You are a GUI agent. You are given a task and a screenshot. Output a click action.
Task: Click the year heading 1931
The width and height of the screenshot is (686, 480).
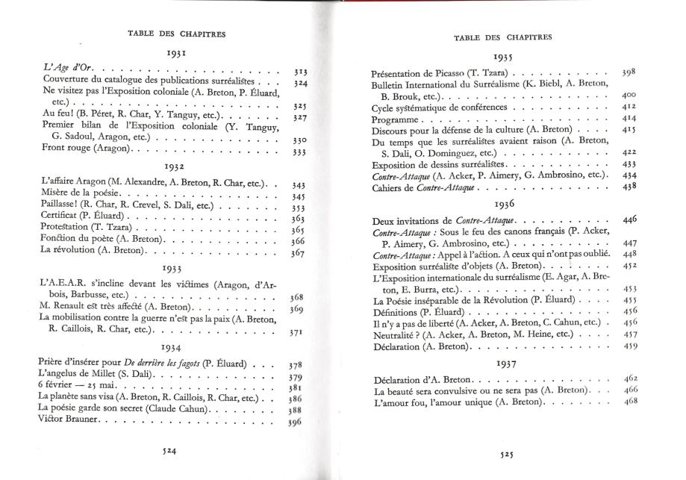tap(178, 54)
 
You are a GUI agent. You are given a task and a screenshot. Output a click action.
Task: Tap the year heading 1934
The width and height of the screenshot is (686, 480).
tap(178, 346)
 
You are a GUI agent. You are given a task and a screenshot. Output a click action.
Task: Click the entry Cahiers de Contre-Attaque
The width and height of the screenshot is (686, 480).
tap(425, 187)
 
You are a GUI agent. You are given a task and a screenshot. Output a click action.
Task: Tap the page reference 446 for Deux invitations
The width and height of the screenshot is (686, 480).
tap(629, 221)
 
